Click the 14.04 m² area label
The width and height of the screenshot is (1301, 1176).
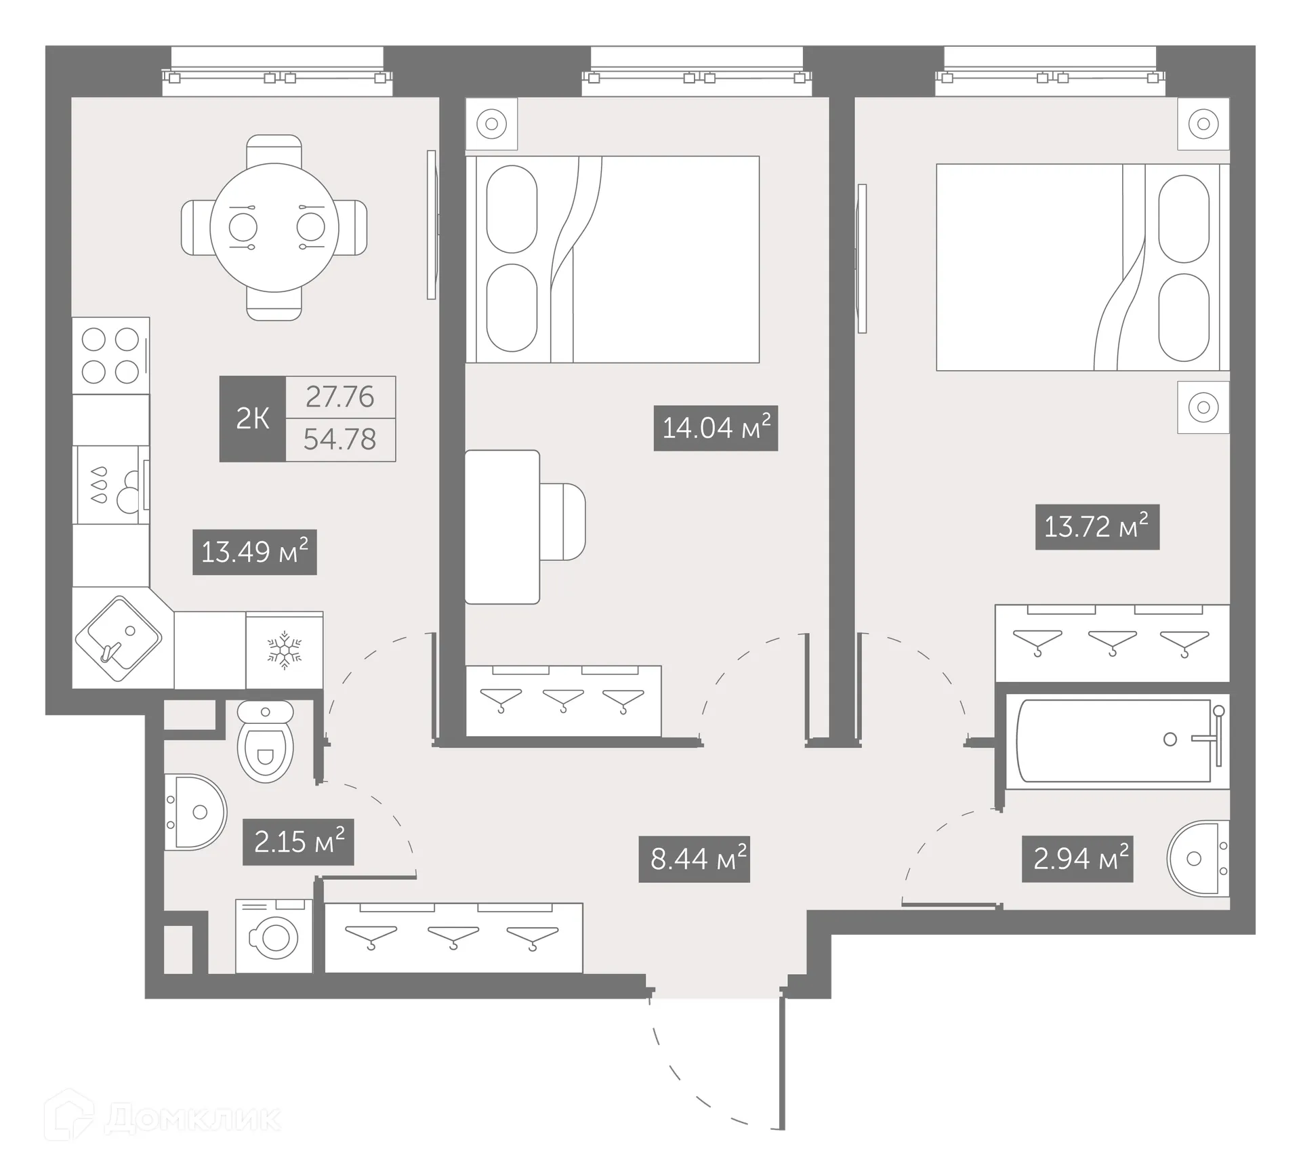point(716,428)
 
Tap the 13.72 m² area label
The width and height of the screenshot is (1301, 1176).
point(1097,527)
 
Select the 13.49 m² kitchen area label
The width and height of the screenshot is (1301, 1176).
point(254,552)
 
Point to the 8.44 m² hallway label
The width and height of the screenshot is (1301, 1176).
point(694,859)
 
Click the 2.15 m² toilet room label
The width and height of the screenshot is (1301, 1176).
point(298,842)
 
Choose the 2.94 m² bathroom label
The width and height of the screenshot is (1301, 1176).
point(1077,859)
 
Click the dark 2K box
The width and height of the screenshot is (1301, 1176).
point(252,419)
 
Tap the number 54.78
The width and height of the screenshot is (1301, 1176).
point(340,440)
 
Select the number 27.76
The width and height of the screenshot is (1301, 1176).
point(340,397)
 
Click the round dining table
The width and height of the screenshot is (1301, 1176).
point(274,227)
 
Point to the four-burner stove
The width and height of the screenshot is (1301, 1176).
point(110,355)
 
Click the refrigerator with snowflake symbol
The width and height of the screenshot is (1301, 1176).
point(284,650)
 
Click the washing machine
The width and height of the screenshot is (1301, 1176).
point(274,937)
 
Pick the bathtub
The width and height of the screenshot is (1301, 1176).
point(1115,740)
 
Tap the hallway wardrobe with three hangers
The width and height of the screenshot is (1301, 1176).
point(453,938)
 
